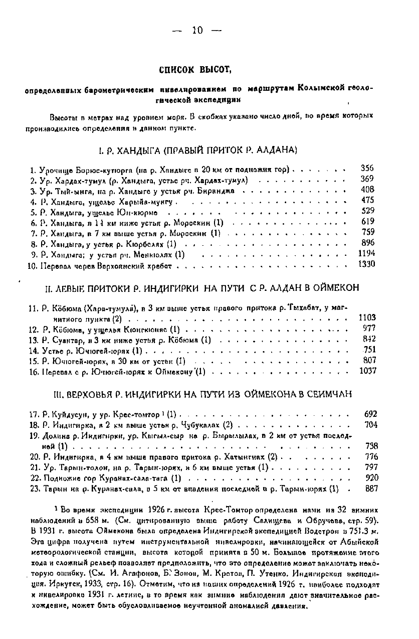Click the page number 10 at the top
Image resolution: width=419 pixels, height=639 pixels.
[197, 31]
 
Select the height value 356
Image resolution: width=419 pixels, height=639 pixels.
[367, 169]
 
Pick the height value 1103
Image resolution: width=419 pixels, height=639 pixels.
[367, 317]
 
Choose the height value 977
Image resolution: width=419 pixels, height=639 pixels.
[369, 329]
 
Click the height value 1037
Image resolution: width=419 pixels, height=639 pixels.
[367, 371]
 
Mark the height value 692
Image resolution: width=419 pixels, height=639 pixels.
[370, 414]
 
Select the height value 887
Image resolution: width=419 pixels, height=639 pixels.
[371, 488]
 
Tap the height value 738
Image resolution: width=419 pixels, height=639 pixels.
[371, 445]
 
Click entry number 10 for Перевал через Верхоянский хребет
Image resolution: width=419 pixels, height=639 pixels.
[34, 265]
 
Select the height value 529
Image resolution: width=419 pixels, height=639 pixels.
[368, 211]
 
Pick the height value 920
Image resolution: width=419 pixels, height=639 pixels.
[371, 477]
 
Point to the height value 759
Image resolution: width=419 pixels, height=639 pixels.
[368, 232]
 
